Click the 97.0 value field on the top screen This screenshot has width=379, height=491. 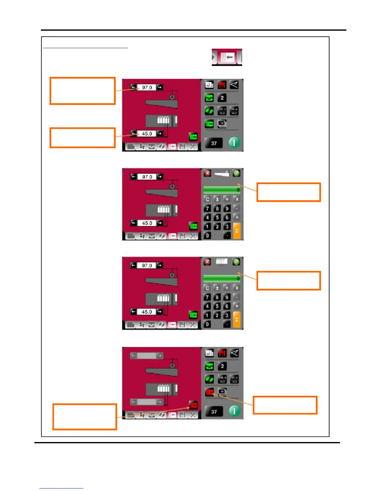coord(147,88)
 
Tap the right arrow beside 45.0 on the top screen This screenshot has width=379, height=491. coord(159,134)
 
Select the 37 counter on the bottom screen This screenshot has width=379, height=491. coord(214,412)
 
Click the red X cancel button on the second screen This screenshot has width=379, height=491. coord(207,173)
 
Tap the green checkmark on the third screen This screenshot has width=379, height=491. coord(236,262)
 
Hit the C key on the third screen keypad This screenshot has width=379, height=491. coord(207,288)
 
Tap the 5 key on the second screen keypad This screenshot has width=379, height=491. coord(217,218)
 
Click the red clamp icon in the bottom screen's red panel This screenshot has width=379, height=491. coord(194,405)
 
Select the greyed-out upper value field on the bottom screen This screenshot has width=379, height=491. coord(146,356)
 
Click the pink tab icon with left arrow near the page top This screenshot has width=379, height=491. coord(227,57)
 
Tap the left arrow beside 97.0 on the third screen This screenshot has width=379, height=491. coord(133,265)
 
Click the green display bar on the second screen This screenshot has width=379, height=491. coord(222,190)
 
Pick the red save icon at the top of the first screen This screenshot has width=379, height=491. coord(222,85)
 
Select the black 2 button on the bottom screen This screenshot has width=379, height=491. coord(222,366)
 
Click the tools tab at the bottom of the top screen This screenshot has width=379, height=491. coord(193,147)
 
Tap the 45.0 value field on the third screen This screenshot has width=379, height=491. coord(147,312)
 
